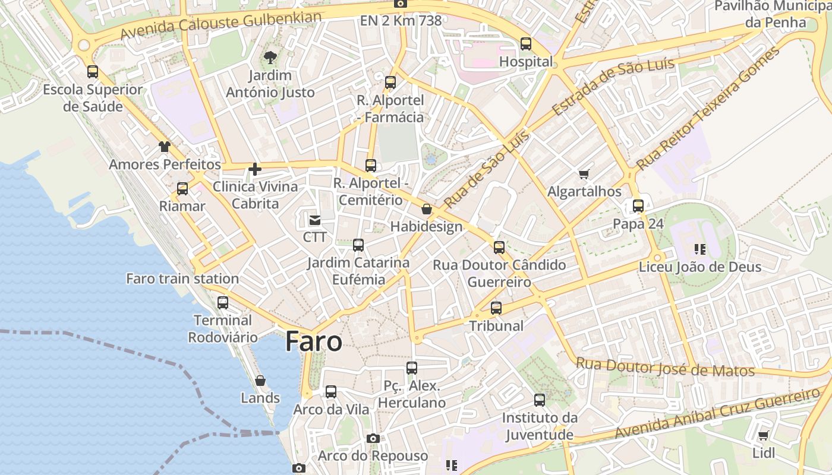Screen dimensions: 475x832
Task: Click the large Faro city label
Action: pyautogui.click(x=314, y=341)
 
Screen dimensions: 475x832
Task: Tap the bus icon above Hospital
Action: pyautogui.click(x=526, y=43)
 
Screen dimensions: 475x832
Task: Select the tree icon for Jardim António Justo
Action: pyautogui.click(x=270, y=58)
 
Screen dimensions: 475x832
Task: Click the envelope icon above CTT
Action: pyautogui.click(x=314, y=220)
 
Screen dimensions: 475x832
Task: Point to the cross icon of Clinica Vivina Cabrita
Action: pyautogui.click(x=255, y=169)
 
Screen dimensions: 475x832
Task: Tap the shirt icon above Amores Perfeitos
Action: pyautogui.click(x=165, y=147)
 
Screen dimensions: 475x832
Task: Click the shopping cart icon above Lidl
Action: pyautogui.click(x=763, y=435)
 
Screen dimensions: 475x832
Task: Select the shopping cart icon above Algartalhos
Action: pyautogui.click(x=584, y=174)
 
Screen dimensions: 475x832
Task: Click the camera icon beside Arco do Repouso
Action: pyautogui.click(x=373, y=438)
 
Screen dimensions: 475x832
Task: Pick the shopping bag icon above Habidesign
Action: pyautogui.click(x=426, y=209)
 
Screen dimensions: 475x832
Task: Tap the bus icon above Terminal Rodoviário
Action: pyautogui.click(x=223, y=302)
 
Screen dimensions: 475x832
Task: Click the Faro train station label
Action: pyautogui.click(x=182, y=278)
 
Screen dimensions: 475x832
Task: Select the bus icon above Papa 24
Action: pyautogui.click(x=638, y=206)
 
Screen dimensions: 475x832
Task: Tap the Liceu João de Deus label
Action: pyautogui.click(x=700, y=267)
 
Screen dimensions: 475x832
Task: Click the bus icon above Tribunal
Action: pyautogui.click(x=496, y=308)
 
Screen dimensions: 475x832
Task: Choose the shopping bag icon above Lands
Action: pyautogui.click(x=260, y=381)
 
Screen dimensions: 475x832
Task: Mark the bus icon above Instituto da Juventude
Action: pyautogui.click(x=540, y=400)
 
